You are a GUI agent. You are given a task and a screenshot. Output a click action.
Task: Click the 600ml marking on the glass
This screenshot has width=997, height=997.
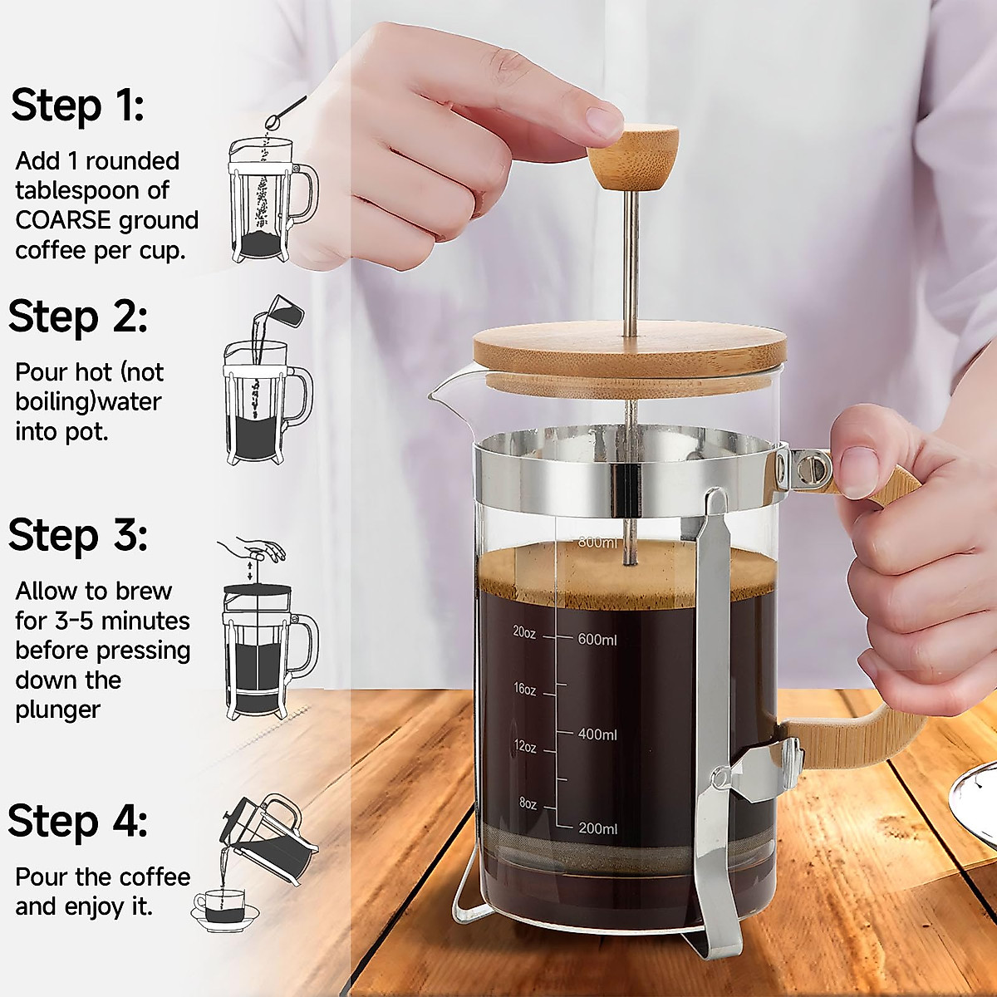click(597, 639)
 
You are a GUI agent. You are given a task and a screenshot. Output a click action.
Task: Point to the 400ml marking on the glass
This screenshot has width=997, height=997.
click(597, 734)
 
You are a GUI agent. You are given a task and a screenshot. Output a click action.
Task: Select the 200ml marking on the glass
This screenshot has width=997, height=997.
click(597, 828)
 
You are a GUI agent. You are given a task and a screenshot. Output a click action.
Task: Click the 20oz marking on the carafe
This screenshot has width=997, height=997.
click(524, 631)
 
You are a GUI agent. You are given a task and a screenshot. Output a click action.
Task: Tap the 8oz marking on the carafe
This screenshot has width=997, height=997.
click(528, 803)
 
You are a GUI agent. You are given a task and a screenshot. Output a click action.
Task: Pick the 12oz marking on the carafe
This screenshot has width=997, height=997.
click(524, 747)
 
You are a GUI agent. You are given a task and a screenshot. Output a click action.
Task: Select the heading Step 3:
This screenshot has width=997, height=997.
click(77, 534)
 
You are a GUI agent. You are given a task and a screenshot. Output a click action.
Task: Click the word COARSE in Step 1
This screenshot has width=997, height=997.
click(63, 220)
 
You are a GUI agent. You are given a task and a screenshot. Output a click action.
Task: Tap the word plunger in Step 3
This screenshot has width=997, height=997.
click(57, 710)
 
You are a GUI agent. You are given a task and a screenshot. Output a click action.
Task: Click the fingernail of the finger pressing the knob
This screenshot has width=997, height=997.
click(605, 123)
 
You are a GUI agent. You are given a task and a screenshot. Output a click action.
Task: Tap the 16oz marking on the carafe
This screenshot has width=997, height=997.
click(524, 689)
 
